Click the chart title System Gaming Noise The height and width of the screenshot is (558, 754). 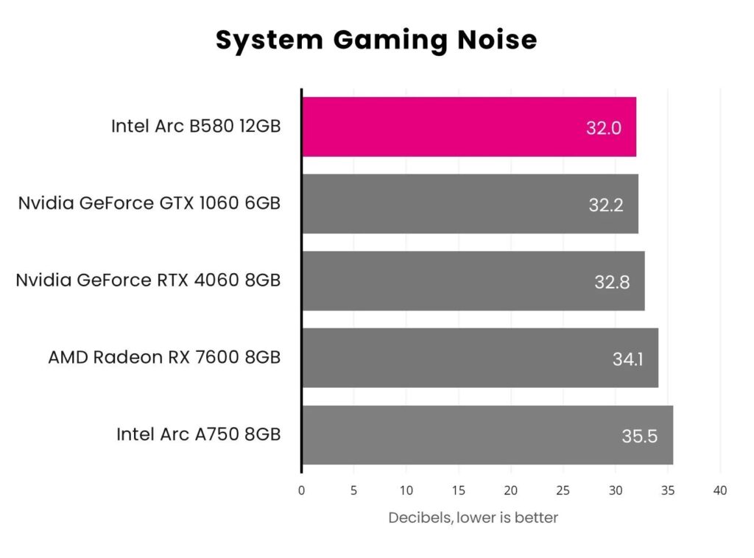(x=376, y=40)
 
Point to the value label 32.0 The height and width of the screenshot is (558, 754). (x=604, y=128)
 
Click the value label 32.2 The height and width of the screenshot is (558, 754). (x=606, y=205)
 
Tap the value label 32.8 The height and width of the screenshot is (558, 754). (x=612, y=282)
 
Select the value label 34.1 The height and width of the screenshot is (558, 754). (x=626, y=359)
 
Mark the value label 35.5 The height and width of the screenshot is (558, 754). (x=639, y=437)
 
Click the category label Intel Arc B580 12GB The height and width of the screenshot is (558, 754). (x=196, y=126)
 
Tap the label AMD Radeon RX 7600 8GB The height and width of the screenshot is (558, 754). (x=164, y=358)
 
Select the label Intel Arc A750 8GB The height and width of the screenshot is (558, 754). (x=198, y=434)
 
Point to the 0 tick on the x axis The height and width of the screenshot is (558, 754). (x=301, y=491)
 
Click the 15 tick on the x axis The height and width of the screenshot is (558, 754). (x=458, y=491)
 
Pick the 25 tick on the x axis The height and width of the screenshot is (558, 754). (x=563, y=491)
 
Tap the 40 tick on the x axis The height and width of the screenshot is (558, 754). (x=720, y=491)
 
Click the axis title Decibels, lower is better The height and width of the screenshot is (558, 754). (x=473, y=518)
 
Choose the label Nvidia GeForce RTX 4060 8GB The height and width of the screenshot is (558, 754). (x=148, y=280)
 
